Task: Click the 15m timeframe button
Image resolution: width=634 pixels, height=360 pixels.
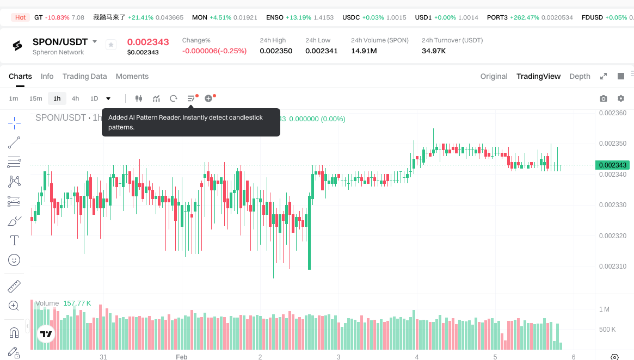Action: [35, 98]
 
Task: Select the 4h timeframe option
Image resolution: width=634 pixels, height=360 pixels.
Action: [75, 98]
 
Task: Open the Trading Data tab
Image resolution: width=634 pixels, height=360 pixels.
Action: [84, 76]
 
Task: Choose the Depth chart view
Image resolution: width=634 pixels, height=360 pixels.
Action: [580, 76]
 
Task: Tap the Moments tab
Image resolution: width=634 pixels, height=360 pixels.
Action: [132, 76]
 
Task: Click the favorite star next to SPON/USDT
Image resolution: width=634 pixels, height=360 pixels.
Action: [111, 45]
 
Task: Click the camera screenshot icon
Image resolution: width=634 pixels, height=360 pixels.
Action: [603, 98]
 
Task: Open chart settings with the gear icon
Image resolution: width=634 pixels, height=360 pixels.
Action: [621, 98]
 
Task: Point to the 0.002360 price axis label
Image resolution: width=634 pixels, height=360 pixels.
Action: [612, 113]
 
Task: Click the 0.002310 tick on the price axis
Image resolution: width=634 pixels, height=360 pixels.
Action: [612, 266]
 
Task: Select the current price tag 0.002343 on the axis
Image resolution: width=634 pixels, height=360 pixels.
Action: [612, 165]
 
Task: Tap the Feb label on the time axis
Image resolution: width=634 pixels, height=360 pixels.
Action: [181, 357]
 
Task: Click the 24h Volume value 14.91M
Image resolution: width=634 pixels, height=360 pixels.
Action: [365, 51]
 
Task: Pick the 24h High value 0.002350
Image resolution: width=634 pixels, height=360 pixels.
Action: [276, 51]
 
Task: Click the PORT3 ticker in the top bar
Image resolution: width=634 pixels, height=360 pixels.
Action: [497, 17]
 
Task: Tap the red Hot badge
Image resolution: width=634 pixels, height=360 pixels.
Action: [21, 17]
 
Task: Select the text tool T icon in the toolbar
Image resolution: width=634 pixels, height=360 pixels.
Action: [14, 240]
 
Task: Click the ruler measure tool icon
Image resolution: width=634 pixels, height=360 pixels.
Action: [14, 285]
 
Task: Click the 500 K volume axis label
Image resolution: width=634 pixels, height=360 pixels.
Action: [607, 329]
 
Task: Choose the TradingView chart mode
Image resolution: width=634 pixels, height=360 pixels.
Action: [538, 76]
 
